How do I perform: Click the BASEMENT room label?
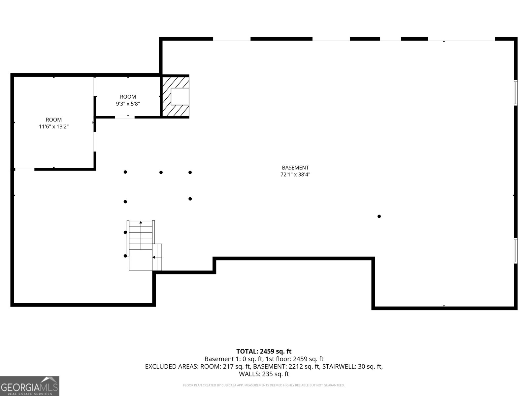click(x=295, y=168)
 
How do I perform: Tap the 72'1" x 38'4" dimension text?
click(x=295, y=175)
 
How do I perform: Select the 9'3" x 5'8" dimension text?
click(x=128, y=104)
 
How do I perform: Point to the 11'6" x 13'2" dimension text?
click(x=53, y=127)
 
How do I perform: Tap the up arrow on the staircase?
click(x=141, y=223)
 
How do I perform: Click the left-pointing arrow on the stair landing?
click(x=154, y=257)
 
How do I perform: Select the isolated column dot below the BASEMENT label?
click(x=379, y=216)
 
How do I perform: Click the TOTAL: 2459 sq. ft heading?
click(x=264, y=351)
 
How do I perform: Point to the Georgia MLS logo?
click(x=29, y=386)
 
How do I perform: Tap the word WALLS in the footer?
click(x=249, y=374)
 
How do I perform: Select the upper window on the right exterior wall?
click(x=515, y=93)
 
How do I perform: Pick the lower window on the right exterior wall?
click(x=515, y=251)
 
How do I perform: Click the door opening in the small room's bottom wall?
click(x=125, y=117)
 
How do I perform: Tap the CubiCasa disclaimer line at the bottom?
click(x=264, y=385)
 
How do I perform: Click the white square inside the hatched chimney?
click(x=180, y=96)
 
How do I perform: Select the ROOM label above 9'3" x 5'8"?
click(x=128, y=97)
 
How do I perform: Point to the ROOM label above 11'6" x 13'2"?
click(x=53, y=120)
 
